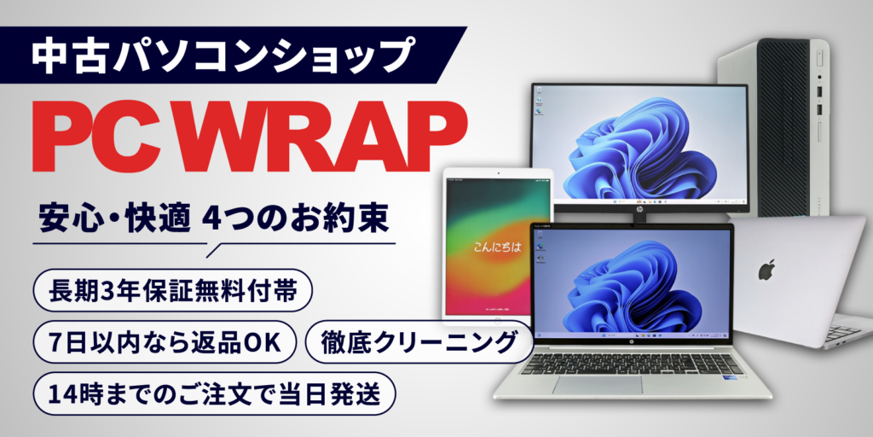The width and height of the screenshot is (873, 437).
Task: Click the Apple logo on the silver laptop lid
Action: [x=766, y=270]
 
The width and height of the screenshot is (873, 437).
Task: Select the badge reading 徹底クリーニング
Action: [x=419, y=343]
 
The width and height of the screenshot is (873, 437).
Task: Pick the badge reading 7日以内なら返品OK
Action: [x=165, y=343]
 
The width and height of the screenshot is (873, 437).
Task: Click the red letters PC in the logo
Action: [x=103, y=140]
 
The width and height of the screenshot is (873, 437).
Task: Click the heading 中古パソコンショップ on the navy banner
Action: [x=217, y=56]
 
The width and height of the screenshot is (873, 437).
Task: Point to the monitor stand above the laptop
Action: [x=639, y=218]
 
